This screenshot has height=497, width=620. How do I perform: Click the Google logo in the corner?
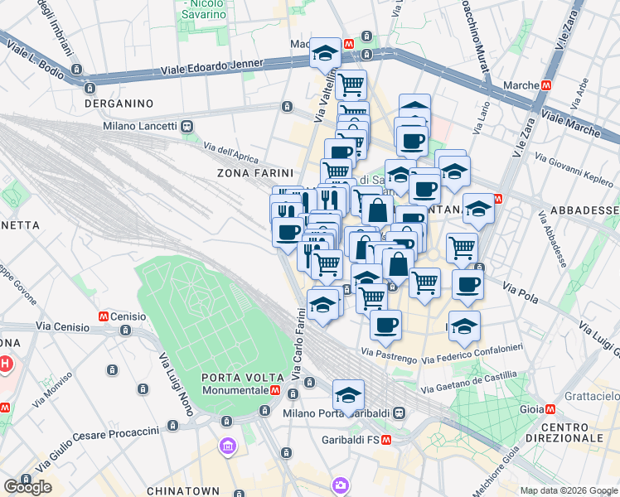(x=27, y=487)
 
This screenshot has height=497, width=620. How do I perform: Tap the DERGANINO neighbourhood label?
(x=119, y=104)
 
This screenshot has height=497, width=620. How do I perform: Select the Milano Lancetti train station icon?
(x=187, y=126)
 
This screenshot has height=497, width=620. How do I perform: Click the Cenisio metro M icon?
(x=104, y=316)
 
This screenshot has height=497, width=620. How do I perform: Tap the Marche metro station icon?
(x=546, y=85)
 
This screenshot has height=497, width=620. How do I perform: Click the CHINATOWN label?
(x=180, y=491)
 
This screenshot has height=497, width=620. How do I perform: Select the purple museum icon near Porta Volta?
(x=227, y=447)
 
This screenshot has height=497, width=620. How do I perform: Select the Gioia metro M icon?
(x=550, y=408)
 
